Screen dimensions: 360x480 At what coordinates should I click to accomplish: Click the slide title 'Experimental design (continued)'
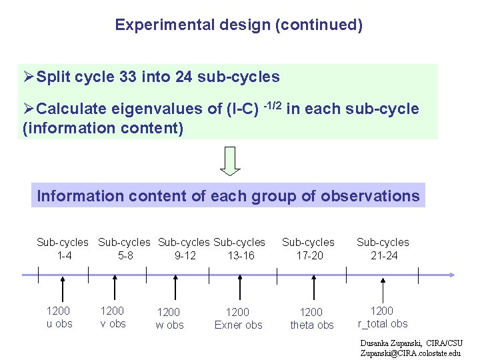point(239,25)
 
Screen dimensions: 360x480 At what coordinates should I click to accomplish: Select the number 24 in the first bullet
point(183,77)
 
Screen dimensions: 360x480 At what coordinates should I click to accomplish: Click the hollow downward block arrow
point(230,161)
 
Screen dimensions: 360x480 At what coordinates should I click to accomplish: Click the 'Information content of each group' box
point(228,196)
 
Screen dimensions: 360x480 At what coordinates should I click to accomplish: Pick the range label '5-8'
point(125,255)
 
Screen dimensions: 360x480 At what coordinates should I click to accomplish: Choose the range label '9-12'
point(185,255)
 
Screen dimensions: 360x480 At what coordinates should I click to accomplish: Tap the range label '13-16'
point(241,255)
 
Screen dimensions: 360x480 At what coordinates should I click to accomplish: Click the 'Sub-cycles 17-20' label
point(308,249)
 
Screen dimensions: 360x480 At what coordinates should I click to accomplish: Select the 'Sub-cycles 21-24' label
point(383,249)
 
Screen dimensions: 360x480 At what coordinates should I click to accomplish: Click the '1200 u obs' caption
point(59,317)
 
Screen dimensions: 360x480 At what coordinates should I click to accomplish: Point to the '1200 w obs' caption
point(169,318)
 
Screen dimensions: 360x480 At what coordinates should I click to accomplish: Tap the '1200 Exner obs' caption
point(238,318)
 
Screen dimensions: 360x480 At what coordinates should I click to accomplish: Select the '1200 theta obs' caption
point(311,318)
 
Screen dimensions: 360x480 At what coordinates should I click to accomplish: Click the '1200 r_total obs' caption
point(383,317)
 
